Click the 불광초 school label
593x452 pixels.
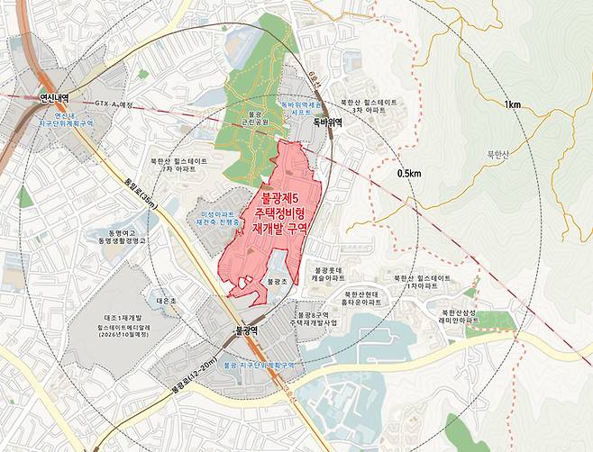[278, 282]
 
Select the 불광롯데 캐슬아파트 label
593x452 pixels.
[330, 274]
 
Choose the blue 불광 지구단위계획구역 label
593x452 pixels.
[260, 366]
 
